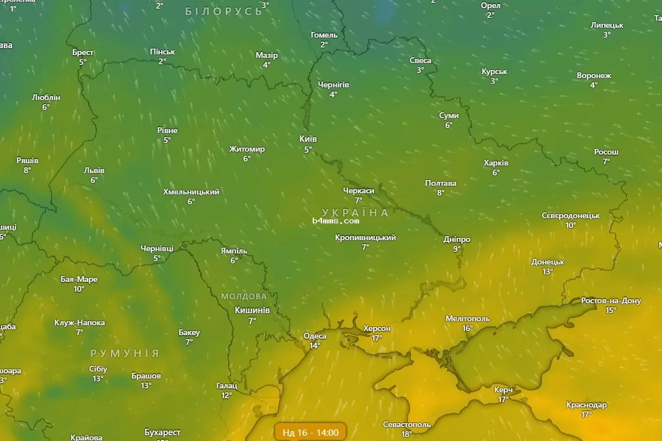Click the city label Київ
point(308,139)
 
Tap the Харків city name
point(496,163)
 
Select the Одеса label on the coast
point(315,336)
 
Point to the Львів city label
point(94,171)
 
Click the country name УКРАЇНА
point(355,212)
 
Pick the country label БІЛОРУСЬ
point(224,12)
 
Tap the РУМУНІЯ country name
point(125,353)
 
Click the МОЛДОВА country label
point(244,296)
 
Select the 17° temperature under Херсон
point(377,338)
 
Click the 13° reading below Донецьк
point(548,271)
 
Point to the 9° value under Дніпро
point(457,249)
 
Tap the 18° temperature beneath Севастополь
point(407,434)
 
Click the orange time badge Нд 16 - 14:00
point(311,432)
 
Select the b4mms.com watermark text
point(336,220)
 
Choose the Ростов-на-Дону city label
point(611,301)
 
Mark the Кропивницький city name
point(365,238)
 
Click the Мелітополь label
point(467,319)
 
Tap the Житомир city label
point(247,149)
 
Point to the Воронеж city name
point(594,76)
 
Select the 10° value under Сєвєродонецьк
point(571,225)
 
